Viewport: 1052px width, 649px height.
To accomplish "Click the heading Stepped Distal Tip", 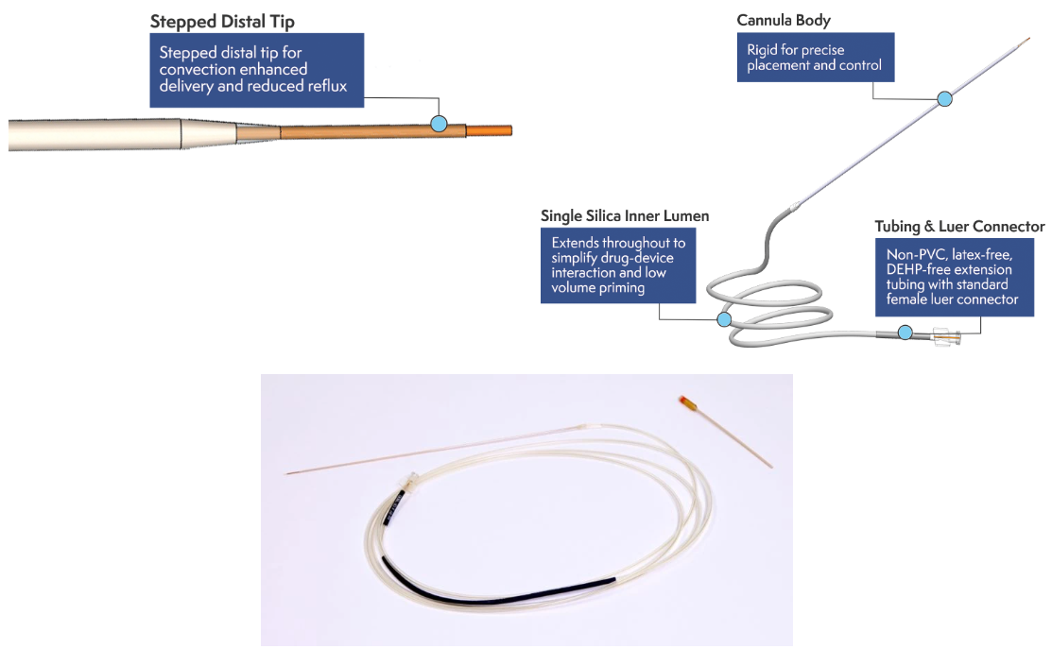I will coord(222,21).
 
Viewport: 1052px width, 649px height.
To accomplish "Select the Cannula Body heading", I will coord(784,20).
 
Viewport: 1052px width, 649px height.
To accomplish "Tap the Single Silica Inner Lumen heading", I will coord(625,216).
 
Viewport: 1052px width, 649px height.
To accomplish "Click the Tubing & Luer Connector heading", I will coord(959,227).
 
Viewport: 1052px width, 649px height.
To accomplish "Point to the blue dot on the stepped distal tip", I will coord(439,123).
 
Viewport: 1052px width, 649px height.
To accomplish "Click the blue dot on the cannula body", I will coord(944,98).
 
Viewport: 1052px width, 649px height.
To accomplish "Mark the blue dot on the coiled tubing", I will coord(724,319).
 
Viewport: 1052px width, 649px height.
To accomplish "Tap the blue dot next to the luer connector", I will coord(905,332).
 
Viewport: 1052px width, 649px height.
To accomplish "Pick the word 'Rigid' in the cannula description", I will coord(763,50).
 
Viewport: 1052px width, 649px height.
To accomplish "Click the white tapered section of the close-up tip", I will coord(208,134).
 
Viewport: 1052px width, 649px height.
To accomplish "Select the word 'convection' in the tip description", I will coord(194,70).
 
